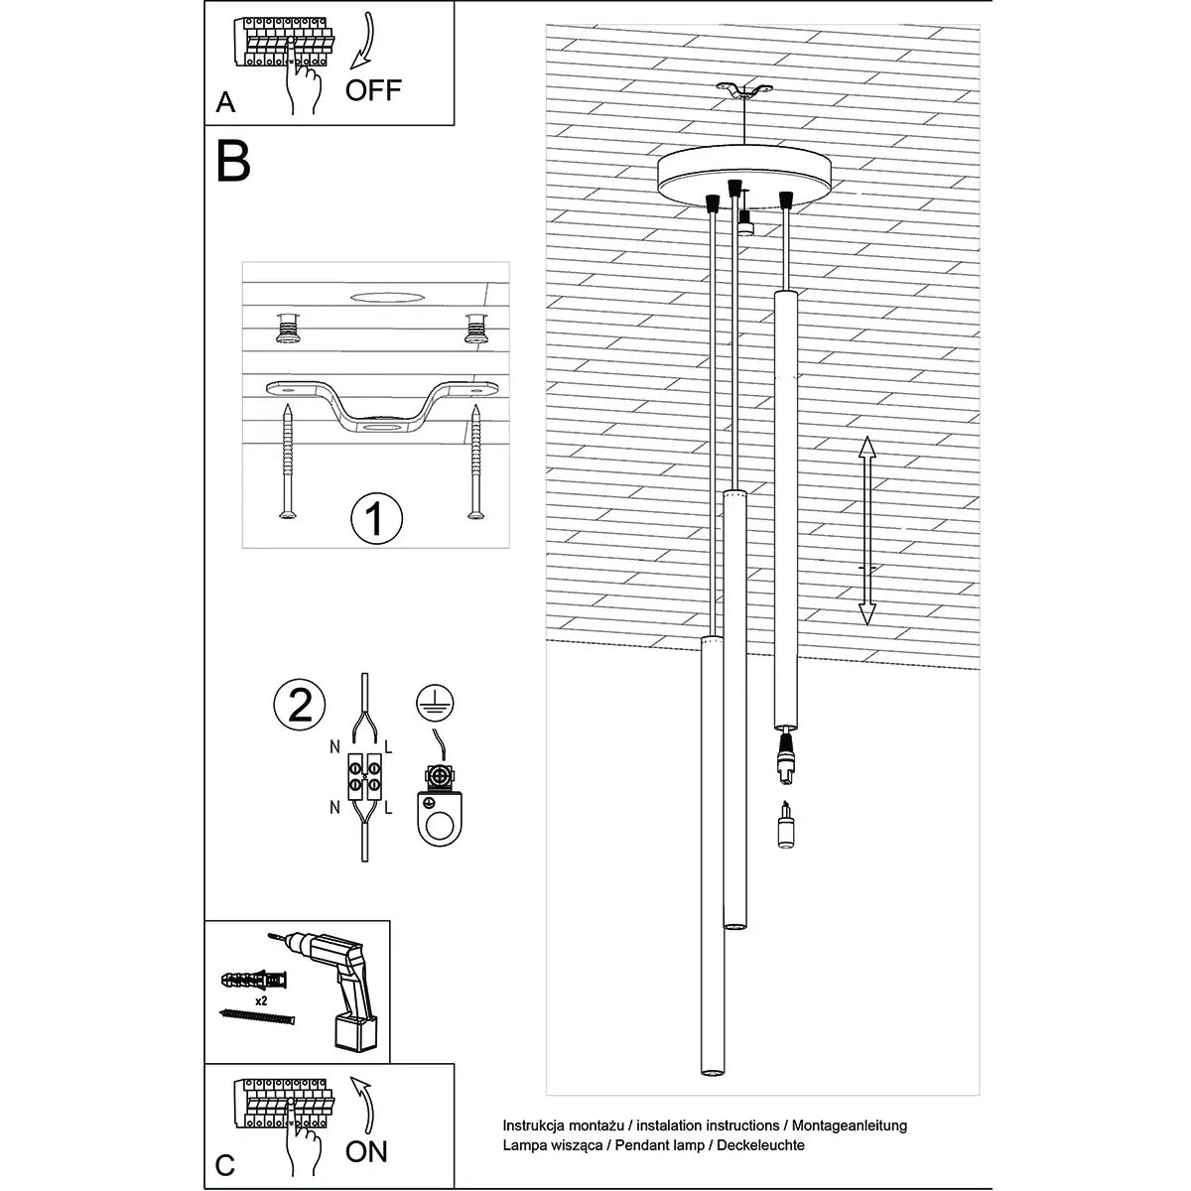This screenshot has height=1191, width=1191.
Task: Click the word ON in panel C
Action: tap(366, 1151)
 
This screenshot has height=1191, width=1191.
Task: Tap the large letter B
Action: tap(233, 162)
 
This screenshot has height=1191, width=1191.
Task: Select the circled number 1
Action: tap(376, 518)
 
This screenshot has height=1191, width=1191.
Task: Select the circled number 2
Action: tap(300, 704)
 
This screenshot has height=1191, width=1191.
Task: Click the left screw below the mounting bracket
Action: tap(287, 461)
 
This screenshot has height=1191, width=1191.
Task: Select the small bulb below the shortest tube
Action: tap(785, 825)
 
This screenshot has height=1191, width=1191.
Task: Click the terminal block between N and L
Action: tap(364, 775)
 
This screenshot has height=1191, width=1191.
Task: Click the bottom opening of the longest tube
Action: tap(711, 1072)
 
